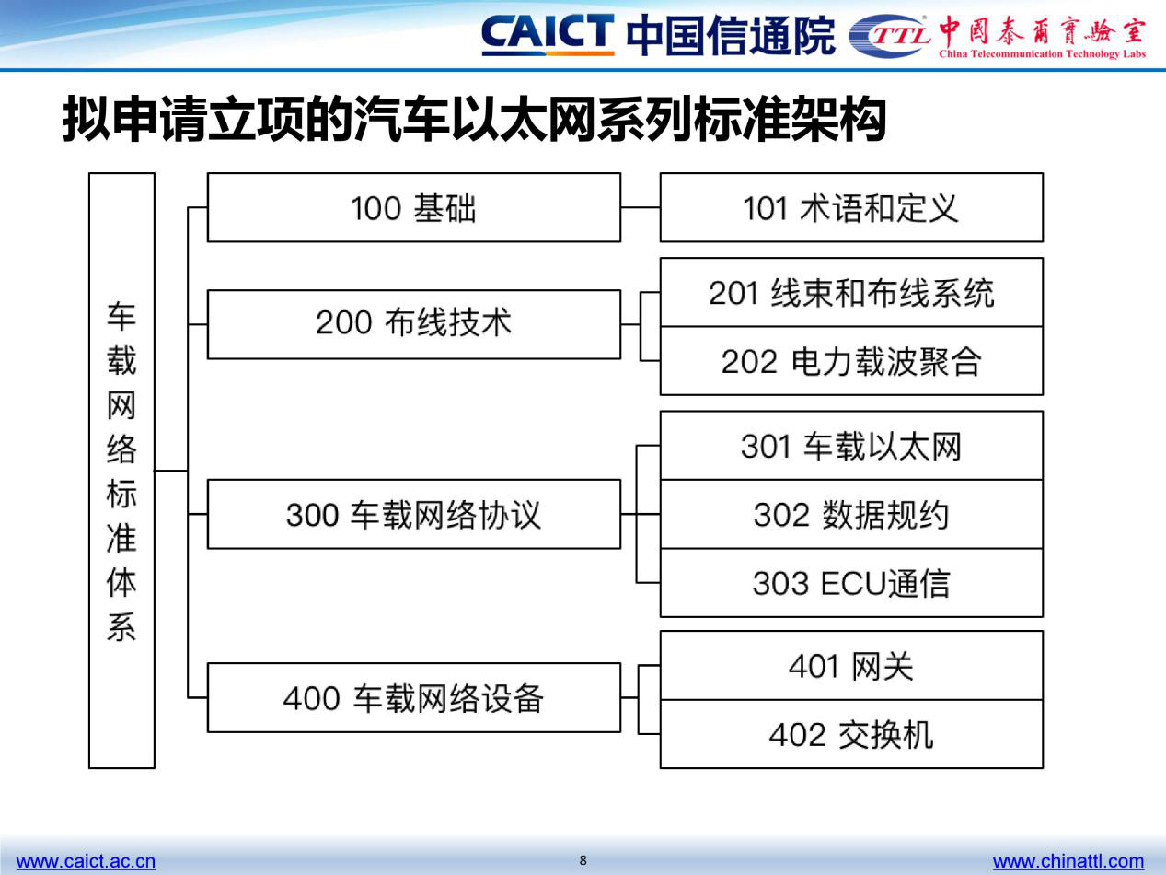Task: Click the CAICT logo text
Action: click(x=548, y=35)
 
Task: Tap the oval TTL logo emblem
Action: click(x=889, y=36)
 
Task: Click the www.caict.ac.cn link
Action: click(x=87, y=860)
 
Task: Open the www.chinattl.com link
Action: click(x=1068, y=860)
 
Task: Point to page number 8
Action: click(x=583, y=860)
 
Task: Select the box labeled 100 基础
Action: click(x=414, y=207)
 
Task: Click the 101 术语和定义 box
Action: click(x=851, y=207)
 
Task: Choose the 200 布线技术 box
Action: click(x=414, y=324)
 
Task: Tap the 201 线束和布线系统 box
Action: click(x=851, y=292)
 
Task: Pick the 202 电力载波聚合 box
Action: click(x=851, y=361)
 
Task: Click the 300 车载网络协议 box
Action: click(x=414, y=514)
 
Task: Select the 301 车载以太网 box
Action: click(x=851, y=446)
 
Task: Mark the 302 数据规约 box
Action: click(x=851, y=514)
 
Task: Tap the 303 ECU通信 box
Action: click(x=851, y=583)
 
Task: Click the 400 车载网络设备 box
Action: click(x=414, y=697)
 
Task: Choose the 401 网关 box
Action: click(x=851, y=666)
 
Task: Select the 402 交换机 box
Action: click(x=851, y=734)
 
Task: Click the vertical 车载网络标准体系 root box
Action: click(x=121, y=471)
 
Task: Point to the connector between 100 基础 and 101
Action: click(x=641, y=207)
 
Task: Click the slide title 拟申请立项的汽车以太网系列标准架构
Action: click(x=474, y=119)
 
